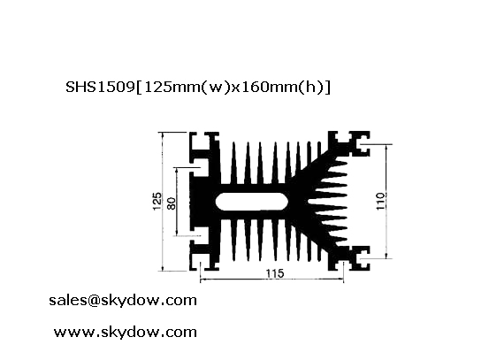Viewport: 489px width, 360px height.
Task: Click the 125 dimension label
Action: pos(157,201)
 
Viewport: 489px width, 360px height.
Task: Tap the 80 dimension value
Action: pos(172,203)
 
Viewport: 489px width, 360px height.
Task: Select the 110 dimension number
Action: pos(381,201)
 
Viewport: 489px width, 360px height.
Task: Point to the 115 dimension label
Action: pos(275,273)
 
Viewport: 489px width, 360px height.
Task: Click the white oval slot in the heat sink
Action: pos(251,202)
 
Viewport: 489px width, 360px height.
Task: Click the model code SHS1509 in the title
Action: pos(100,87)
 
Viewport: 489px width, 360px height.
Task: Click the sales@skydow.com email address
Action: pos(123,301)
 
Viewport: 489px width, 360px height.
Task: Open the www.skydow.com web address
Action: pos(126,332)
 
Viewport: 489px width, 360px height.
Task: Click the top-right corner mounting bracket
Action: pos(349,143)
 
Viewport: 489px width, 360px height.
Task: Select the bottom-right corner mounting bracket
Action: pos(349,258)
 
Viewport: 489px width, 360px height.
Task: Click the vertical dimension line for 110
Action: pos(387,201)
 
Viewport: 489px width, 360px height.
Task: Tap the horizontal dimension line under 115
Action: pos(271,280)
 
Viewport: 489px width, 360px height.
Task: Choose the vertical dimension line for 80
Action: pos(177,202)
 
